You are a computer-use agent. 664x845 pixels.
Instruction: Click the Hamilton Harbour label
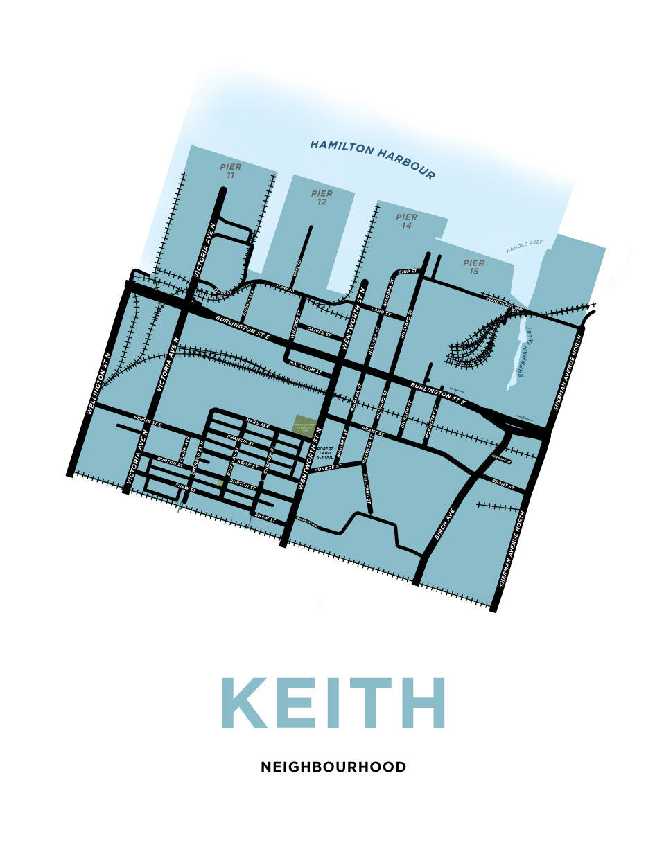coord(372,159)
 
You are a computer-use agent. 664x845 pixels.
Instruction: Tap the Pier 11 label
coord(230,171)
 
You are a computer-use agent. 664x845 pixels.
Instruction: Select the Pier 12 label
coord(322,197)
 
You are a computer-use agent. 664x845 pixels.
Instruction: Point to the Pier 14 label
coord(406,221)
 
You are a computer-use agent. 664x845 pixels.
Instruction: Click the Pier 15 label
coord(474,267)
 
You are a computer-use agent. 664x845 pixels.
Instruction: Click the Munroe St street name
coord(328,468)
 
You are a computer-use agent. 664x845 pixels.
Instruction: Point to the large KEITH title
coord(333,703)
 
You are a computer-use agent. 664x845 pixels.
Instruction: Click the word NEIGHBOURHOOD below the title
coord(333,767)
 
